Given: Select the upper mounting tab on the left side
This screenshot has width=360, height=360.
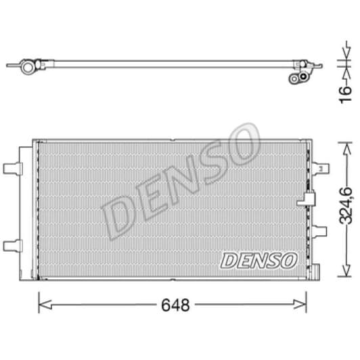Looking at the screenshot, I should pos(12,167).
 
